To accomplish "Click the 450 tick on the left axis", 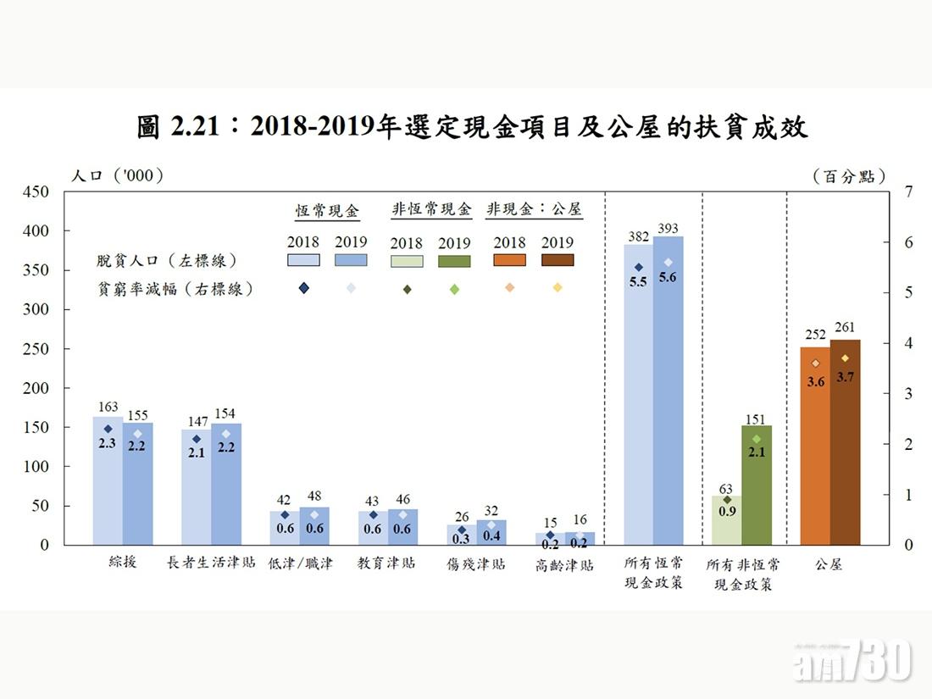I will pyautogui.click(x=36, y=191).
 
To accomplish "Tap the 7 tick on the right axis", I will pyautogui.click(x=908, y=191).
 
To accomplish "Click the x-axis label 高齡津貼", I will pyautogui.click(x=565, y=564).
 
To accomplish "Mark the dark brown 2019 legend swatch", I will pyautogui.click(x=558, y=261).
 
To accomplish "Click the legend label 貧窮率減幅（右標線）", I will pyautogui.click(x=175, y=289).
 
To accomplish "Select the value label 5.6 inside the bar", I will pyautogui.click(x=667, y=277).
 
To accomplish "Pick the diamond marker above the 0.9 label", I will pyautogui.click(x=726, y=500).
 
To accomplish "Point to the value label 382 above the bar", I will pyautogui.click(x=637, y=236).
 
